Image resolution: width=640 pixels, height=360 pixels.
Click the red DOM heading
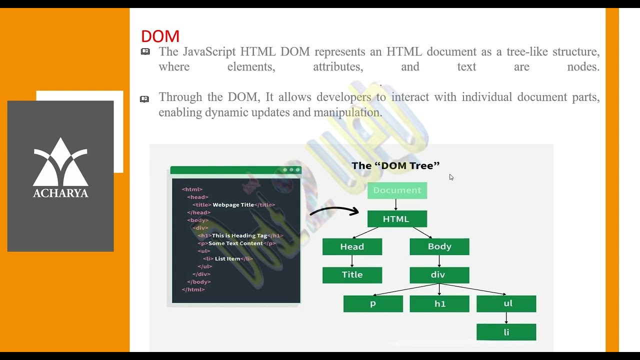(160, 36)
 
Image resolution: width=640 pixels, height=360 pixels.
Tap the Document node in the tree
(397, 190)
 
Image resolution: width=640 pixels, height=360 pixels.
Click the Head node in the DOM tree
(352, 246)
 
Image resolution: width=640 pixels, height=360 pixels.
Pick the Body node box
(439, 246)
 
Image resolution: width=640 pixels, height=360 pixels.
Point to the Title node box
(352, 274)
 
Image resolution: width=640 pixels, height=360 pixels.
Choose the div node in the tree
(439, 274)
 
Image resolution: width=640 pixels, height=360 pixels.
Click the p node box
(373, 303)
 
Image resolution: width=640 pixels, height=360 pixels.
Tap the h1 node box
(439, 303)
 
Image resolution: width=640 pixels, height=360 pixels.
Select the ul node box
(506, 303)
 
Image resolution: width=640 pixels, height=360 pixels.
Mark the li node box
(506, 332)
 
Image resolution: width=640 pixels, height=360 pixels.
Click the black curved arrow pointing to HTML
(334, 210)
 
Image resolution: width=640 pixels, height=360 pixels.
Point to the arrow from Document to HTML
(396, 204)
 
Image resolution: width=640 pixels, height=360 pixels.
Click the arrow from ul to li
(506, 318)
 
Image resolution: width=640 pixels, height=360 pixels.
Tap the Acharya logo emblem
(60, 161)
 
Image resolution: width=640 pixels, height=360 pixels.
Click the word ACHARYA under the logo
(60, 193)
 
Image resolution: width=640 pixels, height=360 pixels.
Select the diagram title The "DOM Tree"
(395, 165)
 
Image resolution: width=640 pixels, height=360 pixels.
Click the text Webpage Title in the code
(233, 204)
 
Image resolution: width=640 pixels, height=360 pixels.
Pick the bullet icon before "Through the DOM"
(144, 99)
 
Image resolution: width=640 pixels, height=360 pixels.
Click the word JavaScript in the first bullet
(209, 52)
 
